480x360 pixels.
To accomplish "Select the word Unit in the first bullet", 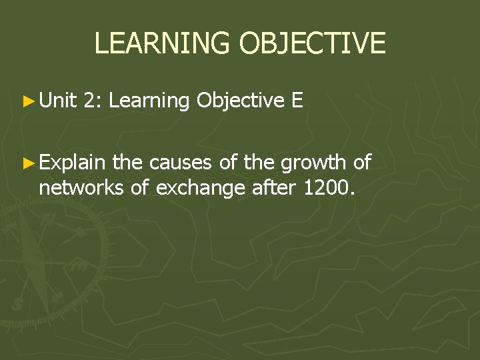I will click(x=58, y=101).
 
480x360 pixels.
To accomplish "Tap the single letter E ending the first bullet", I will click(x=297, y=101).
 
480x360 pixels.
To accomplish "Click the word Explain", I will click(x=72, y=162).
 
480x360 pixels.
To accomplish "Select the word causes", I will click(x=179, y=162).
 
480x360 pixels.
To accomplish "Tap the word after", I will click(x=275, y=189).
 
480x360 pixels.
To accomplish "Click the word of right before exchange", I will click(x=141, y=189).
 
